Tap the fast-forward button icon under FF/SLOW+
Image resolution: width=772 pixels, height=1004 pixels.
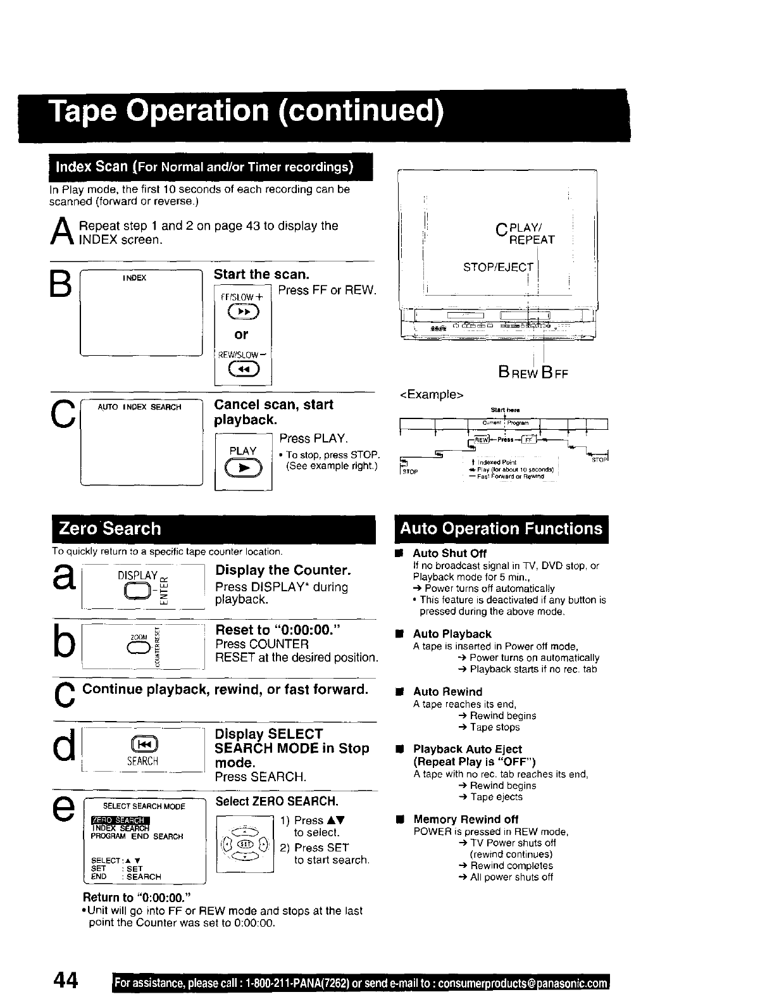click(x=244, y=314)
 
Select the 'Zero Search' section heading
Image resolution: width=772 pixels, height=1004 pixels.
click(x=109, y=529)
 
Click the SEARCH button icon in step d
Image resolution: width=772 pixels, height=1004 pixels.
click(x=142, y=744)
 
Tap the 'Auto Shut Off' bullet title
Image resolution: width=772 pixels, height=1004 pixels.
click(x=449, y=553)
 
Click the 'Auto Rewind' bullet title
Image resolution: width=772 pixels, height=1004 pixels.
click(x=447, y=692)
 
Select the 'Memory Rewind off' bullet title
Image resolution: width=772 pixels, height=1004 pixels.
click(x=465, y=819)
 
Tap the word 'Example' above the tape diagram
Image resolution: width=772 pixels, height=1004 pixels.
click(x=432, y=395)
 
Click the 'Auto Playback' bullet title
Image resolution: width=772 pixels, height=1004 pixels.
click(x=452, y=634)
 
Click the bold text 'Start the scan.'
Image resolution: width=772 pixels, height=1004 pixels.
click(x=261, y=274)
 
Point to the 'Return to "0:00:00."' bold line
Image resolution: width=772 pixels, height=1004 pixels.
click(x=137, y=897)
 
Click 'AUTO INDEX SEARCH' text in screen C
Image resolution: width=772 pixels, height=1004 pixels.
click(x=139, y=407)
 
